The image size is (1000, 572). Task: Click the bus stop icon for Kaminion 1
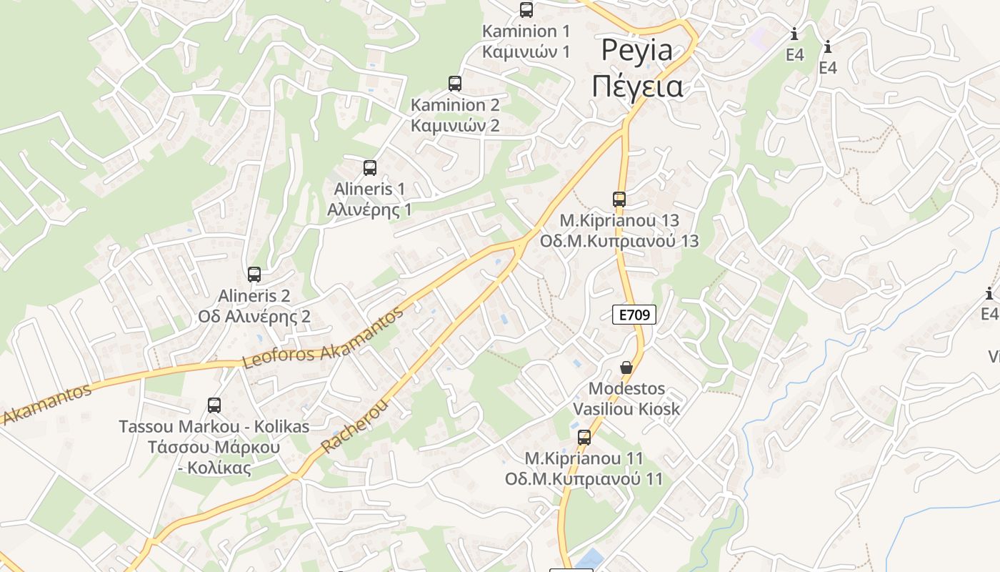(x=526, y=10)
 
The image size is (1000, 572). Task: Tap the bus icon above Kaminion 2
(x=455, y=84)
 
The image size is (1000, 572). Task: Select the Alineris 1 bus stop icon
(x=370, y=168)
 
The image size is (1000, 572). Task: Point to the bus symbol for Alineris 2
(x=254, y=274)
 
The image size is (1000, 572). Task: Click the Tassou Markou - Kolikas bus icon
(x=214, y=405)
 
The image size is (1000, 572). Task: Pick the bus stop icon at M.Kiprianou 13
(x=619, y=199)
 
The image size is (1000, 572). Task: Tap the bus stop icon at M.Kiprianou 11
(x=584, y=438)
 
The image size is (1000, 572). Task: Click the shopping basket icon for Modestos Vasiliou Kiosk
(x=626, y=368)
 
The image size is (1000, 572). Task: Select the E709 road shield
(x=634, y=315)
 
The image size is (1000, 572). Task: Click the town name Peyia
(x=637, y=51)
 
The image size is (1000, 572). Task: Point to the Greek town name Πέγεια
(x=637, y=87)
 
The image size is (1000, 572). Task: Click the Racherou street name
(x=355, y=426)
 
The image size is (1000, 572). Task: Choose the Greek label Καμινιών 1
(x=526, y=51)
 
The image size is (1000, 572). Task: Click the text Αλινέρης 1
(x=369, y=209)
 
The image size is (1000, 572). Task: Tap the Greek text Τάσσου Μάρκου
(x=214, y=448)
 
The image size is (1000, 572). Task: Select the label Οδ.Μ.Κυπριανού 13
(x=619, y=241)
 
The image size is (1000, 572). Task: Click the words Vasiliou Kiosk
(x=626, y=409)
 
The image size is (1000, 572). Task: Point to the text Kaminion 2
(x=455, y=105)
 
